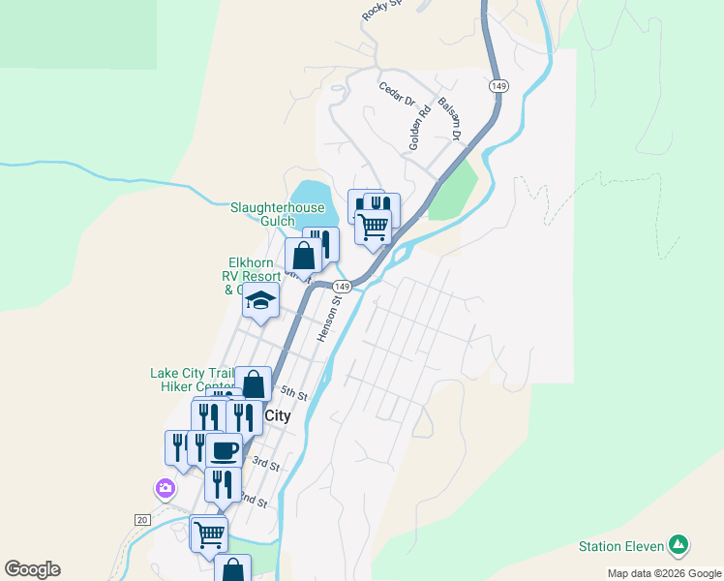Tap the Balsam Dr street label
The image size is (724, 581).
(x=450, y=117)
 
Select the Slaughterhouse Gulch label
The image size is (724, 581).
(x=277, y=213)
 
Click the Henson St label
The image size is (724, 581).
(x=330, y=319)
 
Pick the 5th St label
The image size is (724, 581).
(x=293, y=395)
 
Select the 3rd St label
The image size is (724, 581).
(x=265, y=464)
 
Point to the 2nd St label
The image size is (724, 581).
(x=254, y=500)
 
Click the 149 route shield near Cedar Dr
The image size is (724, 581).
(x=498, y=86)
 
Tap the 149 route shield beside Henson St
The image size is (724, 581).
(x=341, y=287)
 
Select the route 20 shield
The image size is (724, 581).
(x=143, y=520)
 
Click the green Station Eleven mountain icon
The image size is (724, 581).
(x=679, y=546)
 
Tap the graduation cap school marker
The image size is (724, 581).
(x=260, y=301)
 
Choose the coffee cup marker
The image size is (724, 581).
(x=224, y=450)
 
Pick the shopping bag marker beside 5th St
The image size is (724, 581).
(x=254, y=384)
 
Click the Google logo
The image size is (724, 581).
(x=32, y=569)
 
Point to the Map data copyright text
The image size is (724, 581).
(x=663, y=573)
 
